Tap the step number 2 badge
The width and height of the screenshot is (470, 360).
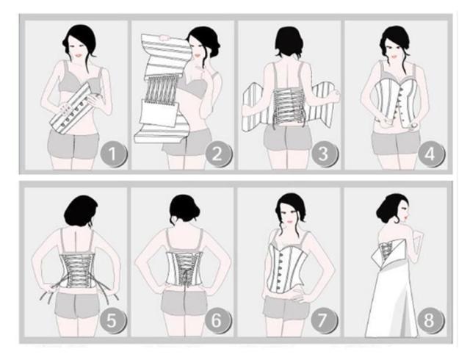[218, 154]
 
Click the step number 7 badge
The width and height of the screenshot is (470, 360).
[323, 320]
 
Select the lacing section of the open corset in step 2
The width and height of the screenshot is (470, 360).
[161, 90]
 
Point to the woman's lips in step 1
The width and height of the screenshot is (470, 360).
[79, 56]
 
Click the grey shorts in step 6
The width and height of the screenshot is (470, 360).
[184, 302]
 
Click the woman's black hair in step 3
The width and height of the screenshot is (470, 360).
[289, 42]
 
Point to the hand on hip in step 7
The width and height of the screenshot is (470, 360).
[297, 295]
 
